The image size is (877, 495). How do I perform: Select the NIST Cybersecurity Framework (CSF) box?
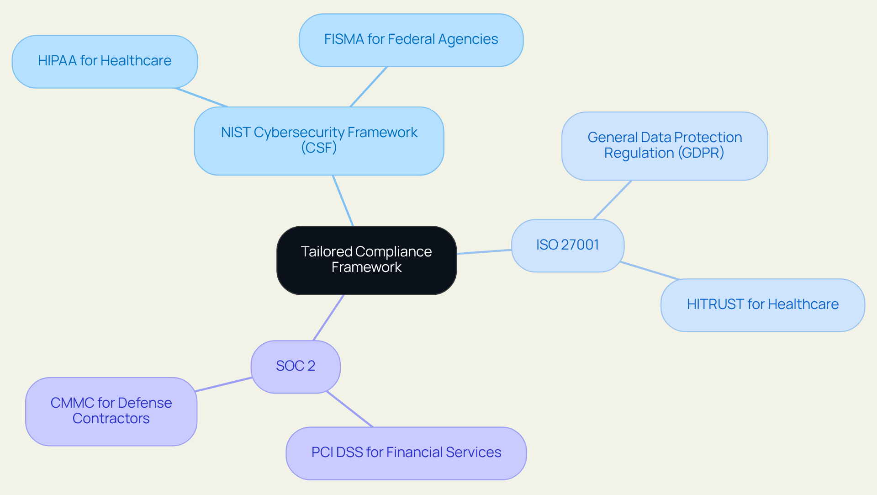point(319,141)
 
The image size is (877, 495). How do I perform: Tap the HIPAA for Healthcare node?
point(105,61)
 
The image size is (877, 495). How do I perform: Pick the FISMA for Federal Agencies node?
point(411,40)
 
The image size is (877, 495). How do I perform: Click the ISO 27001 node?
point(567,245)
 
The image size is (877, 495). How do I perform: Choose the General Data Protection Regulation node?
point(664,146)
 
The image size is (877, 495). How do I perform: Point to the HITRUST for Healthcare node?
point(762,305)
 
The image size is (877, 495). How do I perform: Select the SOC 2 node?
point(296,367)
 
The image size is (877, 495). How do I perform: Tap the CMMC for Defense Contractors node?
point(111,411)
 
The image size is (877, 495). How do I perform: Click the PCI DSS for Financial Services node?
point(406,453)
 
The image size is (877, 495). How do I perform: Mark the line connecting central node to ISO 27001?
point(484,252)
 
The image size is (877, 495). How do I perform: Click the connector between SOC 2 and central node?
point(328,318)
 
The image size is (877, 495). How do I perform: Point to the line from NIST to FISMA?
point(369,87)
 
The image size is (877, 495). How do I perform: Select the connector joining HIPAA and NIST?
point(201,97)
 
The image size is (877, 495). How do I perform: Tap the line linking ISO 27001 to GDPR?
point(612,200)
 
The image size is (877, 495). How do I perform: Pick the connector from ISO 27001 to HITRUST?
point(650,271)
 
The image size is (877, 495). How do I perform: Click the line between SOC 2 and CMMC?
point(223,384)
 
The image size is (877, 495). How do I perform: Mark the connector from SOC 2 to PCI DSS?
point(350,409)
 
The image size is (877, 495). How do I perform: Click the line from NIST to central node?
point(343,201)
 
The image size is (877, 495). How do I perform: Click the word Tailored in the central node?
point(326,252)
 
